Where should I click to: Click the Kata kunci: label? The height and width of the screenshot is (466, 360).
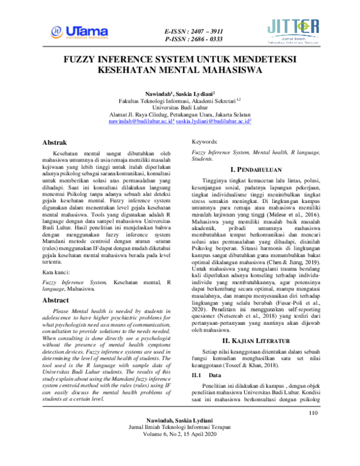[58, 255]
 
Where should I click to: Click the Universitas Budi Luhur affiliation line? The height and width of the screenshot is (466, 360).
[180, 104]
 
